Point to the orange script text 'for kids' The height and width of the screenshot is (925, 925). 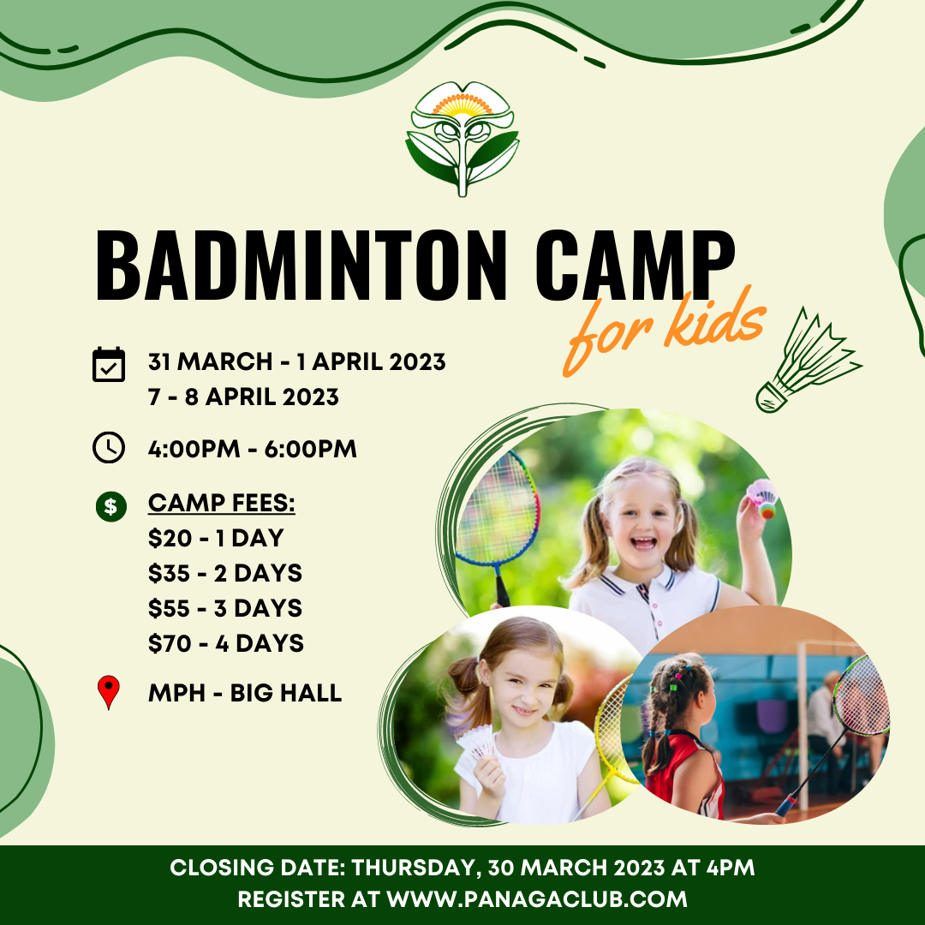(x=664, y=330)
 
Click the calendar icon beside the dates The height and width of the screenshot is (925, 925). (x=109, y=364)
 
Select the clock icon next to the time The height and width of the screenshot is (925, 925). (x=109, y=448)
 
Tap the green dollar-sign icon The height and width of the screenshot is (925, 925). (x=110, y=505)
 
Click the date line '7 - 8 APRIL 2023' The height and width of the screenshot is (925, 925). (x=243, y=397)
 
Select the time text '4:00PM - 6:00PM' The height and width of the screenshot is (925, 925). (x=252, y=449)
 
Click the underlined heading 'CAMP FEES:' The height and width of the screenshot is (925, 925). (x=221, y=504)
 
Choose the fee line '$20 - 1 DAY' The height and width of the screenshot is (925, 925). (x=215, y=539)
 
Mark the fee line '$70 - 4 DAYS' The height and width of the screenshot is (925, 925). (x=225, y=643)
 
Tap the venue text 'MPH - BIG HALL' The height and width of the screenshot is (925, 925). (x=245, y=693)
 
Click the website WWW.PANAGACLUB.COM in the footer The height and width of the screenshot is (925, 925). (x=537, y=899)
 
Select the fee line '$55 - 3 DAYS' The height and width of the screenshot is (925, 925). (x=224, y=608)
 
